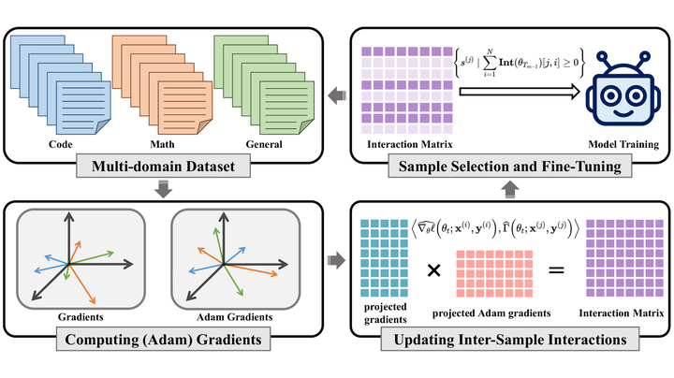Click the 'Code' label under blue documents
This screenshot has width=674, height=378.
coord(63,146)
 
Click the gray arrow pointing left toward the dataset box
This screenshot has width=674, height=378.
coord(334,94)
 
